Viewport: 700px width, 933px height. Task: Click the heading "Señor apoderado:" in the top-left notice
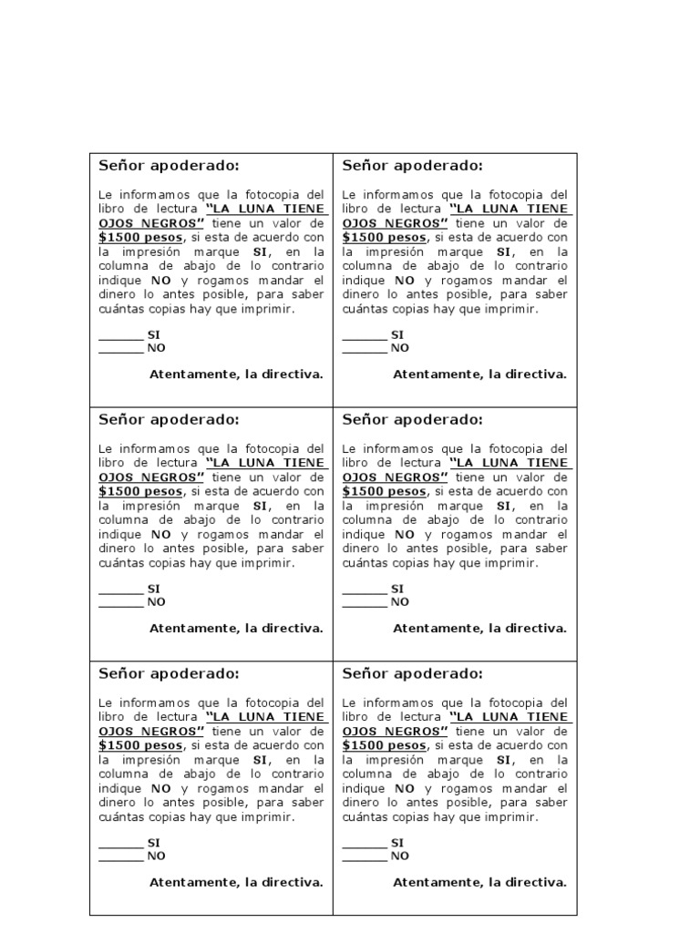tap(169, 166)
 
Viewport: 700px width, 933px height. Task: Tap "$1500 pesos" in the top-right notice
tap(384, 238)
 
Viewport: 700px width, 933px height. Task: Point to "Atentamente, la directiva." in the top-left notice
tap(236, 374)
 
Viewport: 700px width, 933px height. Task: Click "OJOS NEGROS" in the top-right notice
tap(395, 223)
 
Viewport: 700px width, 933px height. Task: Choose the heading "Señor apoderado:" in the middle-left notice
tap(169, 420)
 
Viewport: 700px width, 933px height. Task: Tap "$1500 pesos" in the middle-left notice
tap(140, 492)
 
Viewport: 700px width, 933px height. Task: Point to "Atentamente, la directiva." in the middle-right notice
tap(479, 629)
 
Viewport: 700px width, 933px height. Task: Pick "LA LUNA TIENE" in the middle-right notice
tap(510, 463)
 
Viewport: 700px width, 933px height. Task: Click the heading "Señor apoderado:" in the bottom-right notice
tap(412, 674)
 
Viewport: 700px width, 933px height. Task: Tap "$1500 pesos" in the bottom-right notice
tap(384, 746)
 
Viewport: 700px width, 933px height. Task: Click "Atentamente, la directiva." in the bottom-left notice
tap(236, 883)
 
